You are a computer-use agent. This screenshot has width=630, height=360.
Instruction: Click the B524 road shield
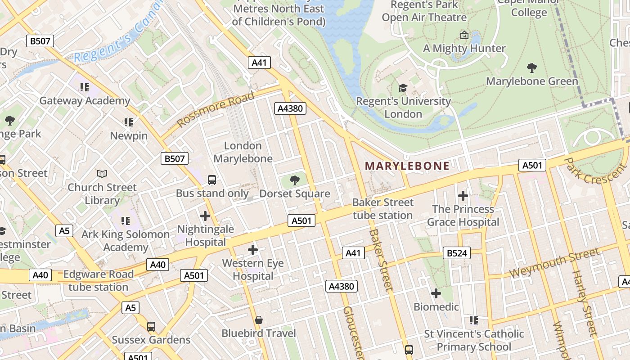click(457, 253)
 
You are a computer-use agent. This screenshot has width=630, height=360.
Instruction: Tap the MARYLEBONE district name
click(407, 166)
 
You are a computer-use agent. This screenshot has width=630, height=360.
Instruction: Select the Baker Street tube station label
click(382, 209)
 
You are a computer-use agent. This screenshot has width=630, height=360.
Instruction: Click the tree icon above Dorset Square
click(295, 180)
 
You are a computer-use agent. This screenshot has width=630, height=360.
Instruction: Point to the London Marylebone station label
click(243, 152)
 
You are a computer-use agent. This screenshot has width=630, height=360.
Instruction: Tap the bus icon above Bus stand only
click(212, 180)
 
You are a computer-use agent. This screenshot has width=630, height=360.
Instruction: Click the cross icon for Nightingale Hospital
click(205, 216)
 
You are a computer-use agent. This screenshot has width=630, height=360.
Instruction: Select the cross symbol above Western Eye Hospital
click(253, 249)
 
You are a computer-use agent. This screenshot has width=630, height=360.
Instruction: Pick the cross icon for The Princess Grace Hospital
click(463, 196)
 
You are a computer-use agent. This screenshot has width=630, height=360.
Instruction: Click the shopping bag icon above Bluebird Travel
click(259, 320)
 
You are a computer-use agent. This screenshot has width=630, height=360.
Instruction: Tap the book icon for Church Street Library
click(103, 174)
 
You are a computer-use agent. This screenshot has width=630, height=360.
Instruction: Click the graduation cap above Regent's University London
click(403, 88)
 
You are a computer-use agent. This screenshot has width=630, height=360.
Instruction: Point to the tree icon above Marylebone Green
click(532, 68)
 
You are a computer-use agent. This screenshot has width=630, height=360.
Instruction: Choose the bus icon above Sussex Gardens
click(151, 326)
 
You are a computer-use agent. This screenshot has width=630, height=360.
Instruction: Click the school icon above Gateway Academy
click(85, 87)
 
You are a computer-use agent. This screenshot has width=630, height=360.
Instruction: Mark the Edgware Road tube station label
click(99, 280)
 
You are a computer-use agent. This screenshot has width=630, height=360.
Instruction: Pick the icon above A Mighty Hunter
click(464, 35)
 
